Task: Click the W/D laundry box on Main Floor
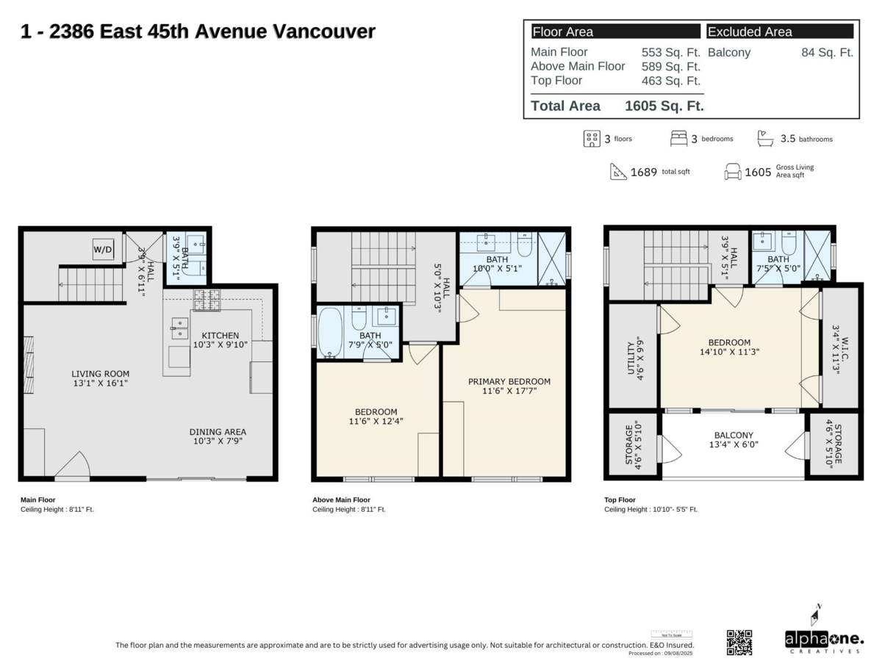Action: click(x=103, y=250)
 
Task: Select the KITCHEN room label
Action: click(x=220, y=340)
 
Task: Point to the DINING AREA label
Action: click(x=218, y=437)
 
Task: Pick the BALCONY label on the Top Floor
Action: click(x=734, y=440)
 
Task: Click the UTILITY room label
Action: click(x=634, y=358)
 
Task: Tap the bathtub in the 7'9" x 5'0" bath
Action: click(x=330, y=333)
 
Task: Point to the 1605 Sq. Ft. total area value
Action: click(x=664, y=106)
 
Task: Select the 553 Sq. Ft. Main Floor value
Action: click(x=670, y=52)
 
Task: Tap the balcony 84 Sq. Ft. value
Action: click(x=827, y=52)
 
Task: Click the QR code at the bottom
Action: click(x=739, y=642)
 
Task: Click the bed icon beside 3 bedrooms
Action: click(x=678, y=138)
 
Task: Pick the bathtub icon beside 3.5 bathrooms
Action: click(x=766, y=138)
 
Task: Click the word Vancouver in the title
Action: click(x=324, y=32)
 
